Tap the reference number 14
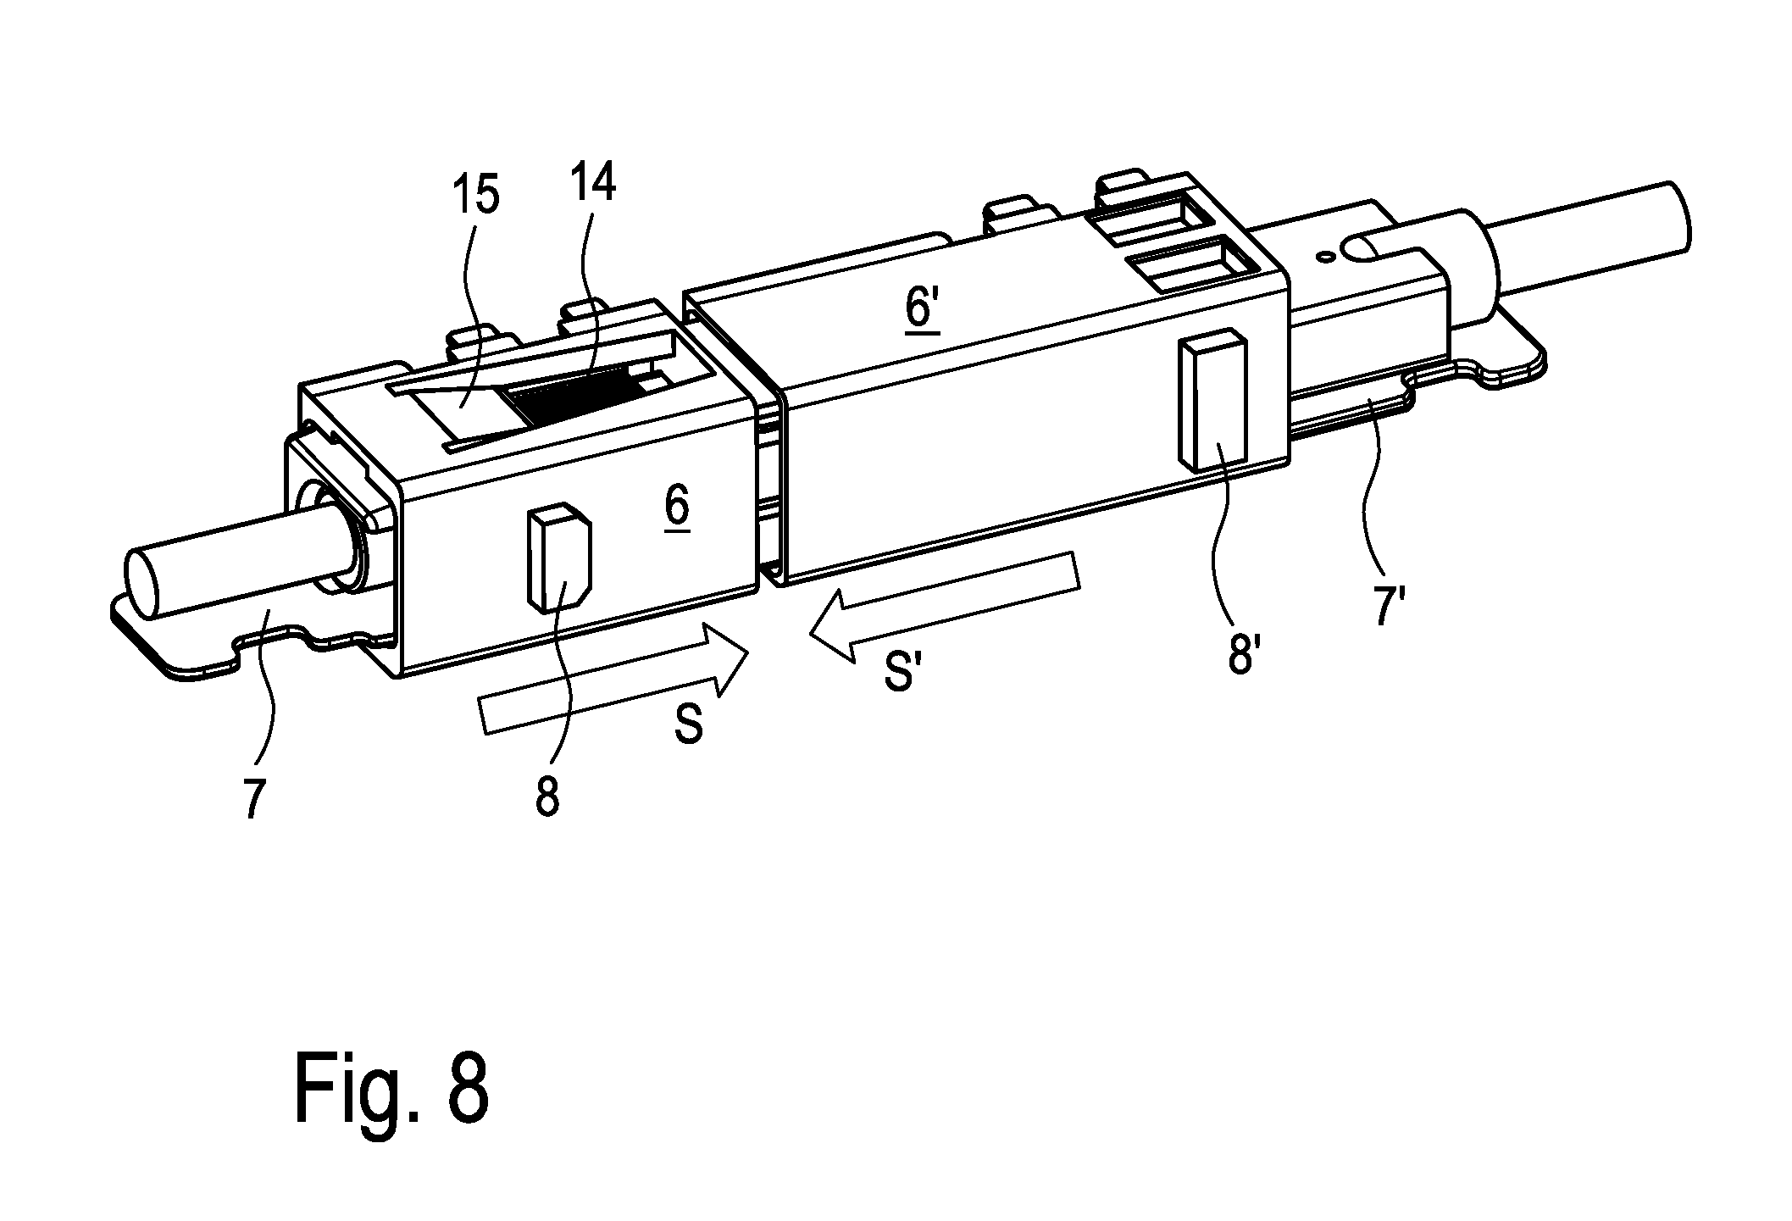click(x=591, y=182)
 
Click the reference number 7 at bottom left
click(x=253, y=797)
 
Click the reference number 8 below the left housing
click(x=547, y=796)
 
